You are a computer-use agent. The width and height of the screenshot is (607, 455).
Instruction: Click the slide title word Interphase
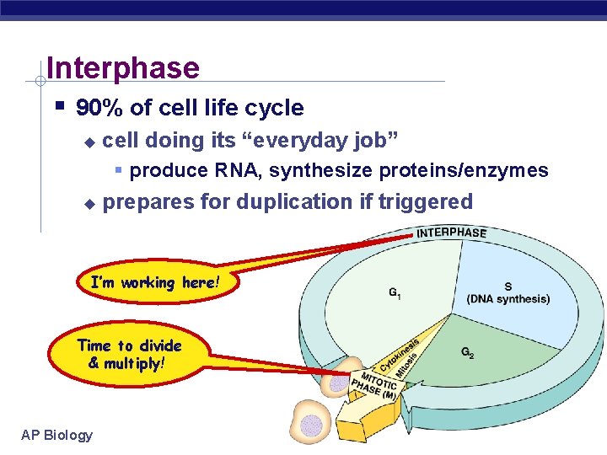pos(123,67)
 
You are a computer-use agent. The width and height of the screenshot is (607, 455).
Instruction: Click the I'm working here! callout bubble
pos(153,283)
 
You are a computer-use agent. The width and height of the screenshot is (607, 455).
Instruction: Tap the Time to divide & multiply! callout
pos(129,354)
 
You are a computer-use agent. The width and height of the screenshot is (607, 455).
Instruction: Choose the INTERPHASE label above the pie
pos(451,233)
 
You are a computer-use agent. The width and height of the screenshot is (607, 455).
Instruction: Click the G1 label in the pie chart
pos(395,292)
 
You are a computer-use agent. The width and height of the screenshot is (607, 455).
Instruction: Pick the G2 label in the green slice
pos(467,353)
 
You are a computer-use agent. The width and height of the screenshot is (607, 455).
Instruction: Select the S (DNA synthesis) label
pos(508,293)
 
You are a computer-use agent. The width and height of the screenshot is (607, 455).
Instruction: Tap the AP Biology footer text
pos(57,435)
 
